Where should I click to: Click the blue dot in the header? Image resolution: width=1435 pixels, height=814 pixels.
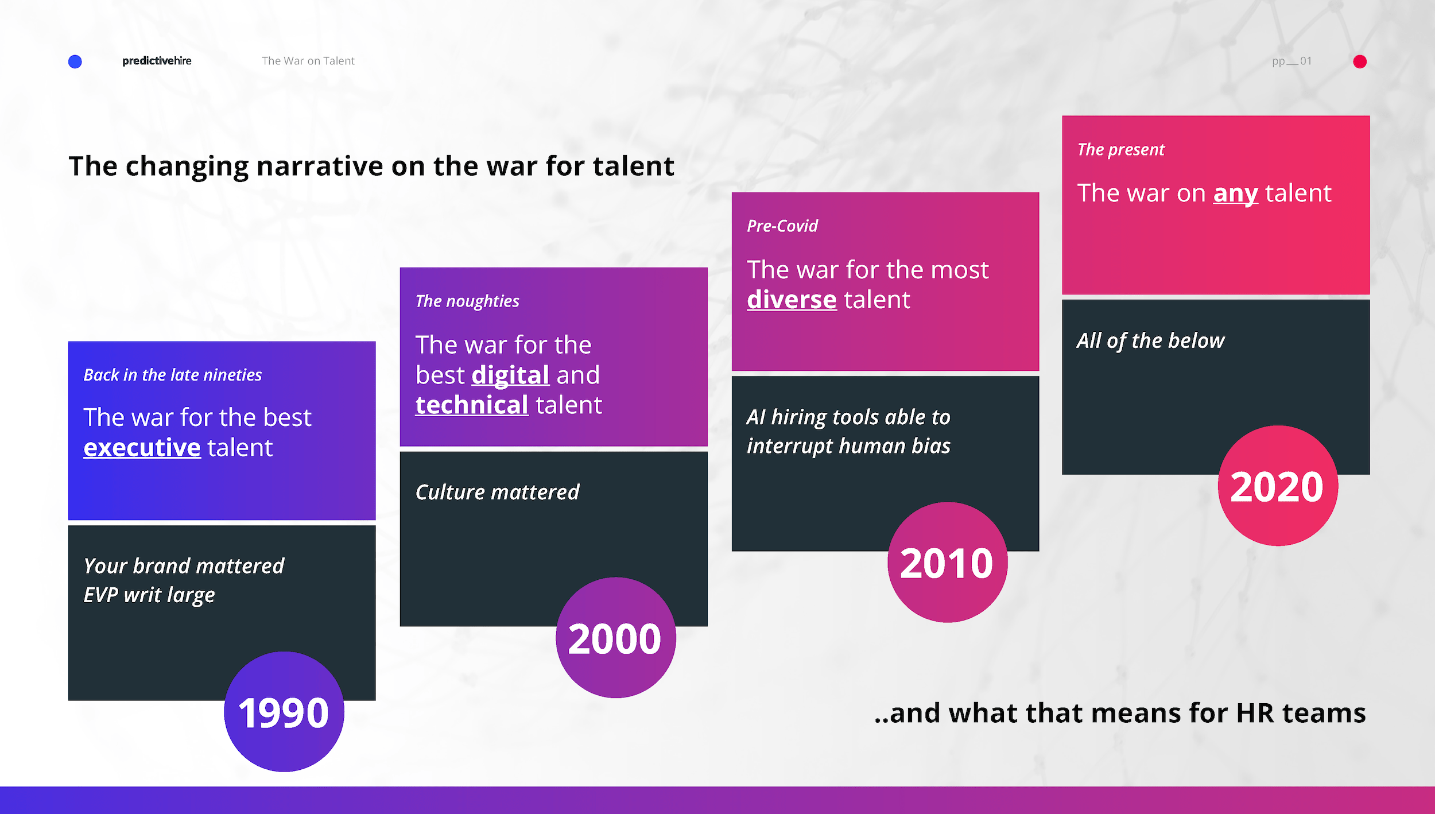(x=75, y=61)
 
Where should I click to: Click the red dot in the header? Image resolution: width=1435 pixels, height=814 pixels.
(x=1360, y=61)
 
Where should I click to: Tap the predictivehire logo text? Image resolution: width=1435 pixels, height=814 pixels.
(x=157, y=61)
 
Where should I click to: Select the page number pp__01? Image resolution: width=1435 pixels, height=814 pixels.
(x=1291, y=61)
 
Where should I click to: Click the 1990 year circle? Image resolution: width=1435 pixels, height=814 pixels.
(x=284, y=711)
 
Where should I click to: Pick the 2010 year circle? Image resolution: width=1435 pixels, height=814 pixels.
(x=947, y=562)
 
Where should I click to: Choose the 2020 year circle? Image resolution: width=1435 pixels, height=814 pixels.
(x=1278, y=486)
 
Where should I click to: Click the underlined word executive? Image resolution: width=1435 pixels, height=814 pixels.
(x=142, y=448)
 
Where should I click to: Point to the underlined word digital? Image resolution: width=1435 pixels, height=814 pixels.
(x=510, y=375)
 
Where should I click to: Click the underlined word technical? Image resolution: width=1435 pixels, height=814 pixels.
(x=471, y=405)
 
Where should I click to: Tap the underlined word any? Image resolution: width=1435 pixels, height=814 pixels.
(x=1235, y=193)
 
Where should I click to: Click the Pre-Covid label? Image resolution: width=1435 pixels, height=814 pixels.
(x=782, y=226)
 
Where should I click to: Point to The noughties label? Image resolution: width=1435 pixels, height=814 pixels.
(x=467, y=301)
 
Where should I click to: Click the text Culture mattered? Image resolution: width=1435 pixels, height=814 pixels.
(x=497, y=493)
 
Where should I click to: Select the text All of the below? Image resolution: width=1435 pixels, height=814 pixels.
(x=1150, y=341)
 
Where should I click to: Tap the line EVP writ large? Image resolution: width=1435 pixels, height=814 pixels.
(x=149, y=595)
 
